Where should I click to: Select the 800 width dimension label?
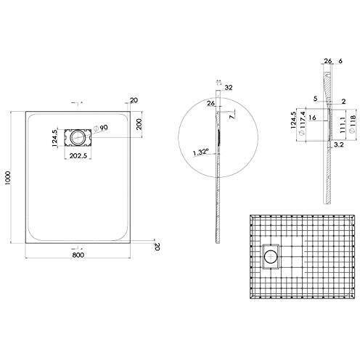point(78,255)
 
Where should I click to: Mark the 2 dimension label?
point(341,102)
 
